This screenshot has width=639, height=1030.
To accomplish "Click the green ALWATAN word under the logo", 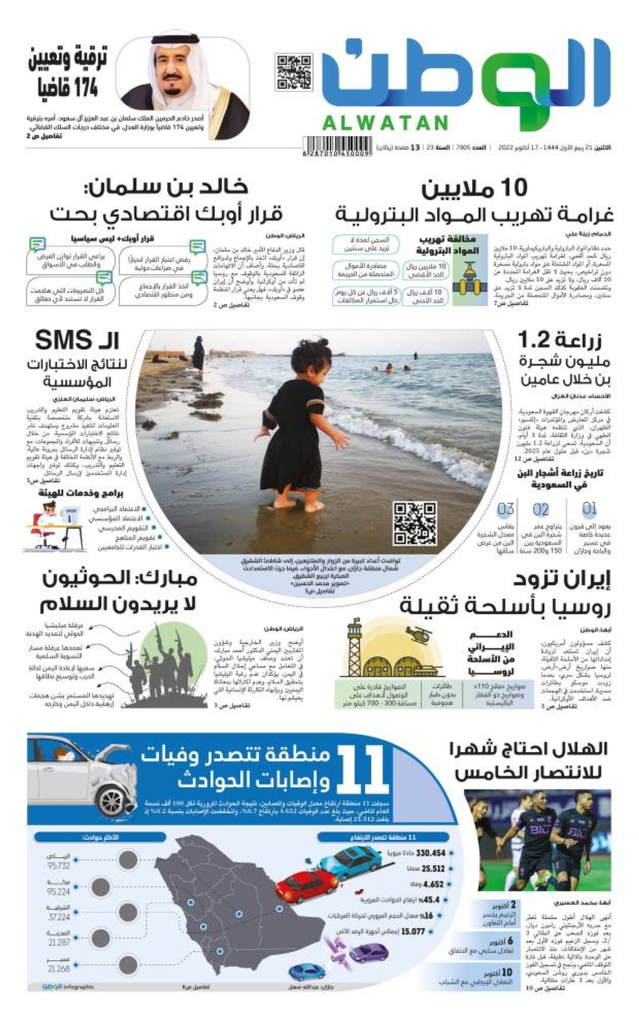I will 385,123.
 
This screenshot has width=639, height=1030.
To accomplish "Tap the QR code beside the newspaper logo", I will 294,72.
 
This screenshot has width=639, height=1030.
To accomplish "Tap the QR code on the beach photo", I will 415,524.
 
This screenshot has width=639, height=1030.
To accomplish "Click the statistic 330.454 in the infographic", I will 430,853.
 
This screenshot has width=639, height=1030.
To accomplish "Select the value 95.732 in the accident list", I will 58,866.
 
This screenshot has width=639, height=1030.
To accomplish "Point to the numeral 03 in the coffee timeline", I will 505,509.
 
